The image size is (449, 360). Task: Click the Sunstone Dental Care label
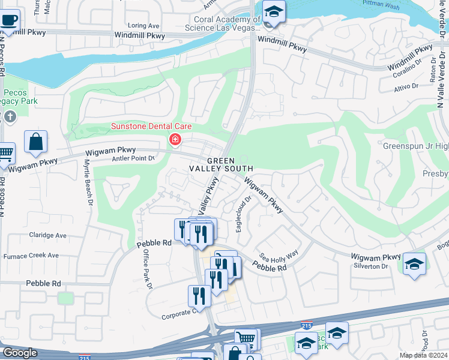151,126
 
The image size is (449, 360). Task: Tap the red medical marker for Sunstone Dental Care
175,140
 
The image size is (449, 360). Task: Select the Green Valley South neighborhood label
230,165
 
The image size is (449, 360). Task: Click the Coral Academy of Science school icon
274,12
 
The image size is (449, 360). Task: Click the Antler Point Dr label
133,158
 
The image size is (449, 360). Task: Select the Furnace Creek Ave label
31,256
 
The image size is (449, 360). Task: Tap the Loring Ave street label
144,26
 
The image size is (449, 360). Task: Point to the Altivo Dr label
406,86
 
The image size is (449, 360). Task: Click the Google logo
19,353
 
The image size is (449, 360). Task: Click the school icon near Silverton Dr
414,264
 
